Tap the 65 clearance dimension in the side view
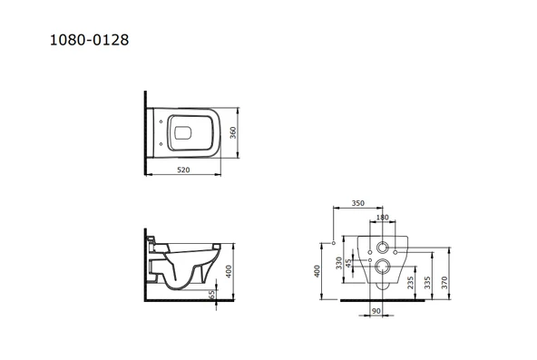click(211, 295)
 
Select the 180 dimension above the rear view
click(382, 218)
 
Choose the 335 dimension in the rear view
click(428, 275)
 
